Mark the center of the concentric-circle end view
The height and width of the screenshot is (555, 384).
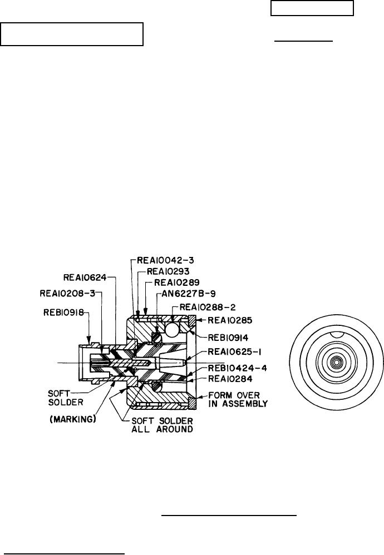(x=334, y=362)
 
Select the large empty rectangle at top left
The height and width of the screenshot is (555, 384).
(x=72, y=34)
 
